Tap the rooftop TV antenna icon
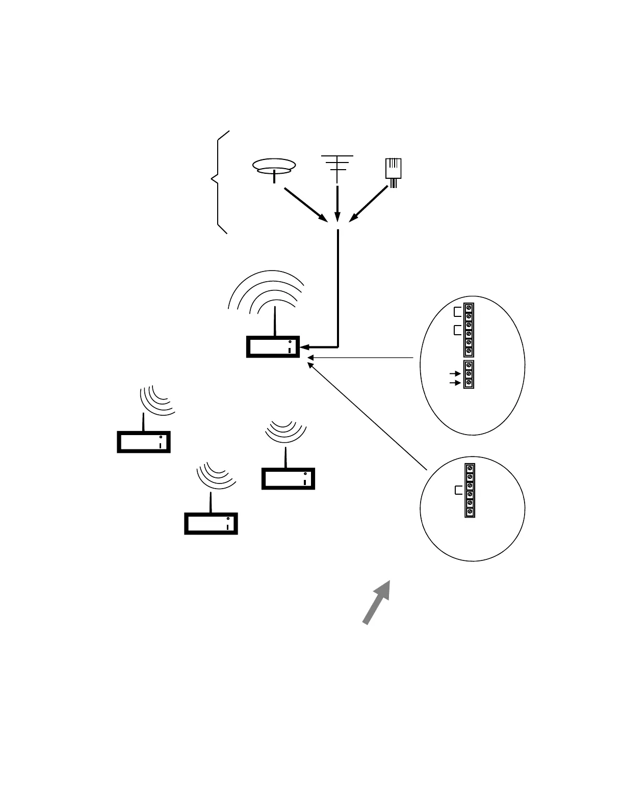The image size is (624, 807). tap(337, 166)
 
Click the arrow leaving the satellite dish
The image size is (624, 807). tap(305, 204)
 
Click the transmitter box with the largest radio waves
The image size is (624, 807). tap(273, 347)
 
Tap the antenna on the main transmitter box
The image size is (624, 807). tap(275, 321)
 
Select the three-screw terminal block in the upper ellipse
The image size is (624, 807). tap(469, 374)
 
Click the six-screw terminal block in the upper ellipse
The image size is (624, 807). tap(469, 330)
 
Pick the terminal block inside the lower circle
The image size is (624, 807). tap(470, 490)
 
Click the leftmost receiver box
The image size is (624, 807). tap(143, 442)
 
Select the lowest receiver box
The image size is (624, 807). tap(211, 523)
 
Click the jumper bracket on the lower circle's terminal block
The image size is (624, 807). tap(457, 491)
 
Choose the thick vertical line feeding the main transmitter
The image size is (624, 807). tap(337, 288)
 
